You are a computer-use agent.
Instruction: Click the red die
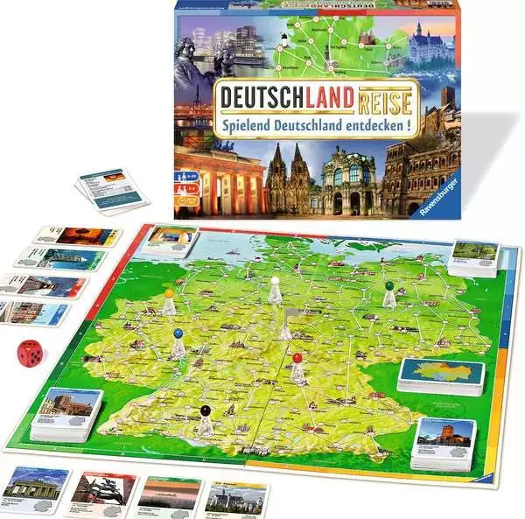[30, 352]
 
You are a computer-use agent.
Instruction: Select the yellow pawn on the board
[169, 301]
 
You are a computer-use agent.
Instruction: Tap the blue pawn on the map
[178, 342]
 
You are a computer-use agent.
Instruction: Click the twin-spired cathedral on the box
[290, 179]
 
